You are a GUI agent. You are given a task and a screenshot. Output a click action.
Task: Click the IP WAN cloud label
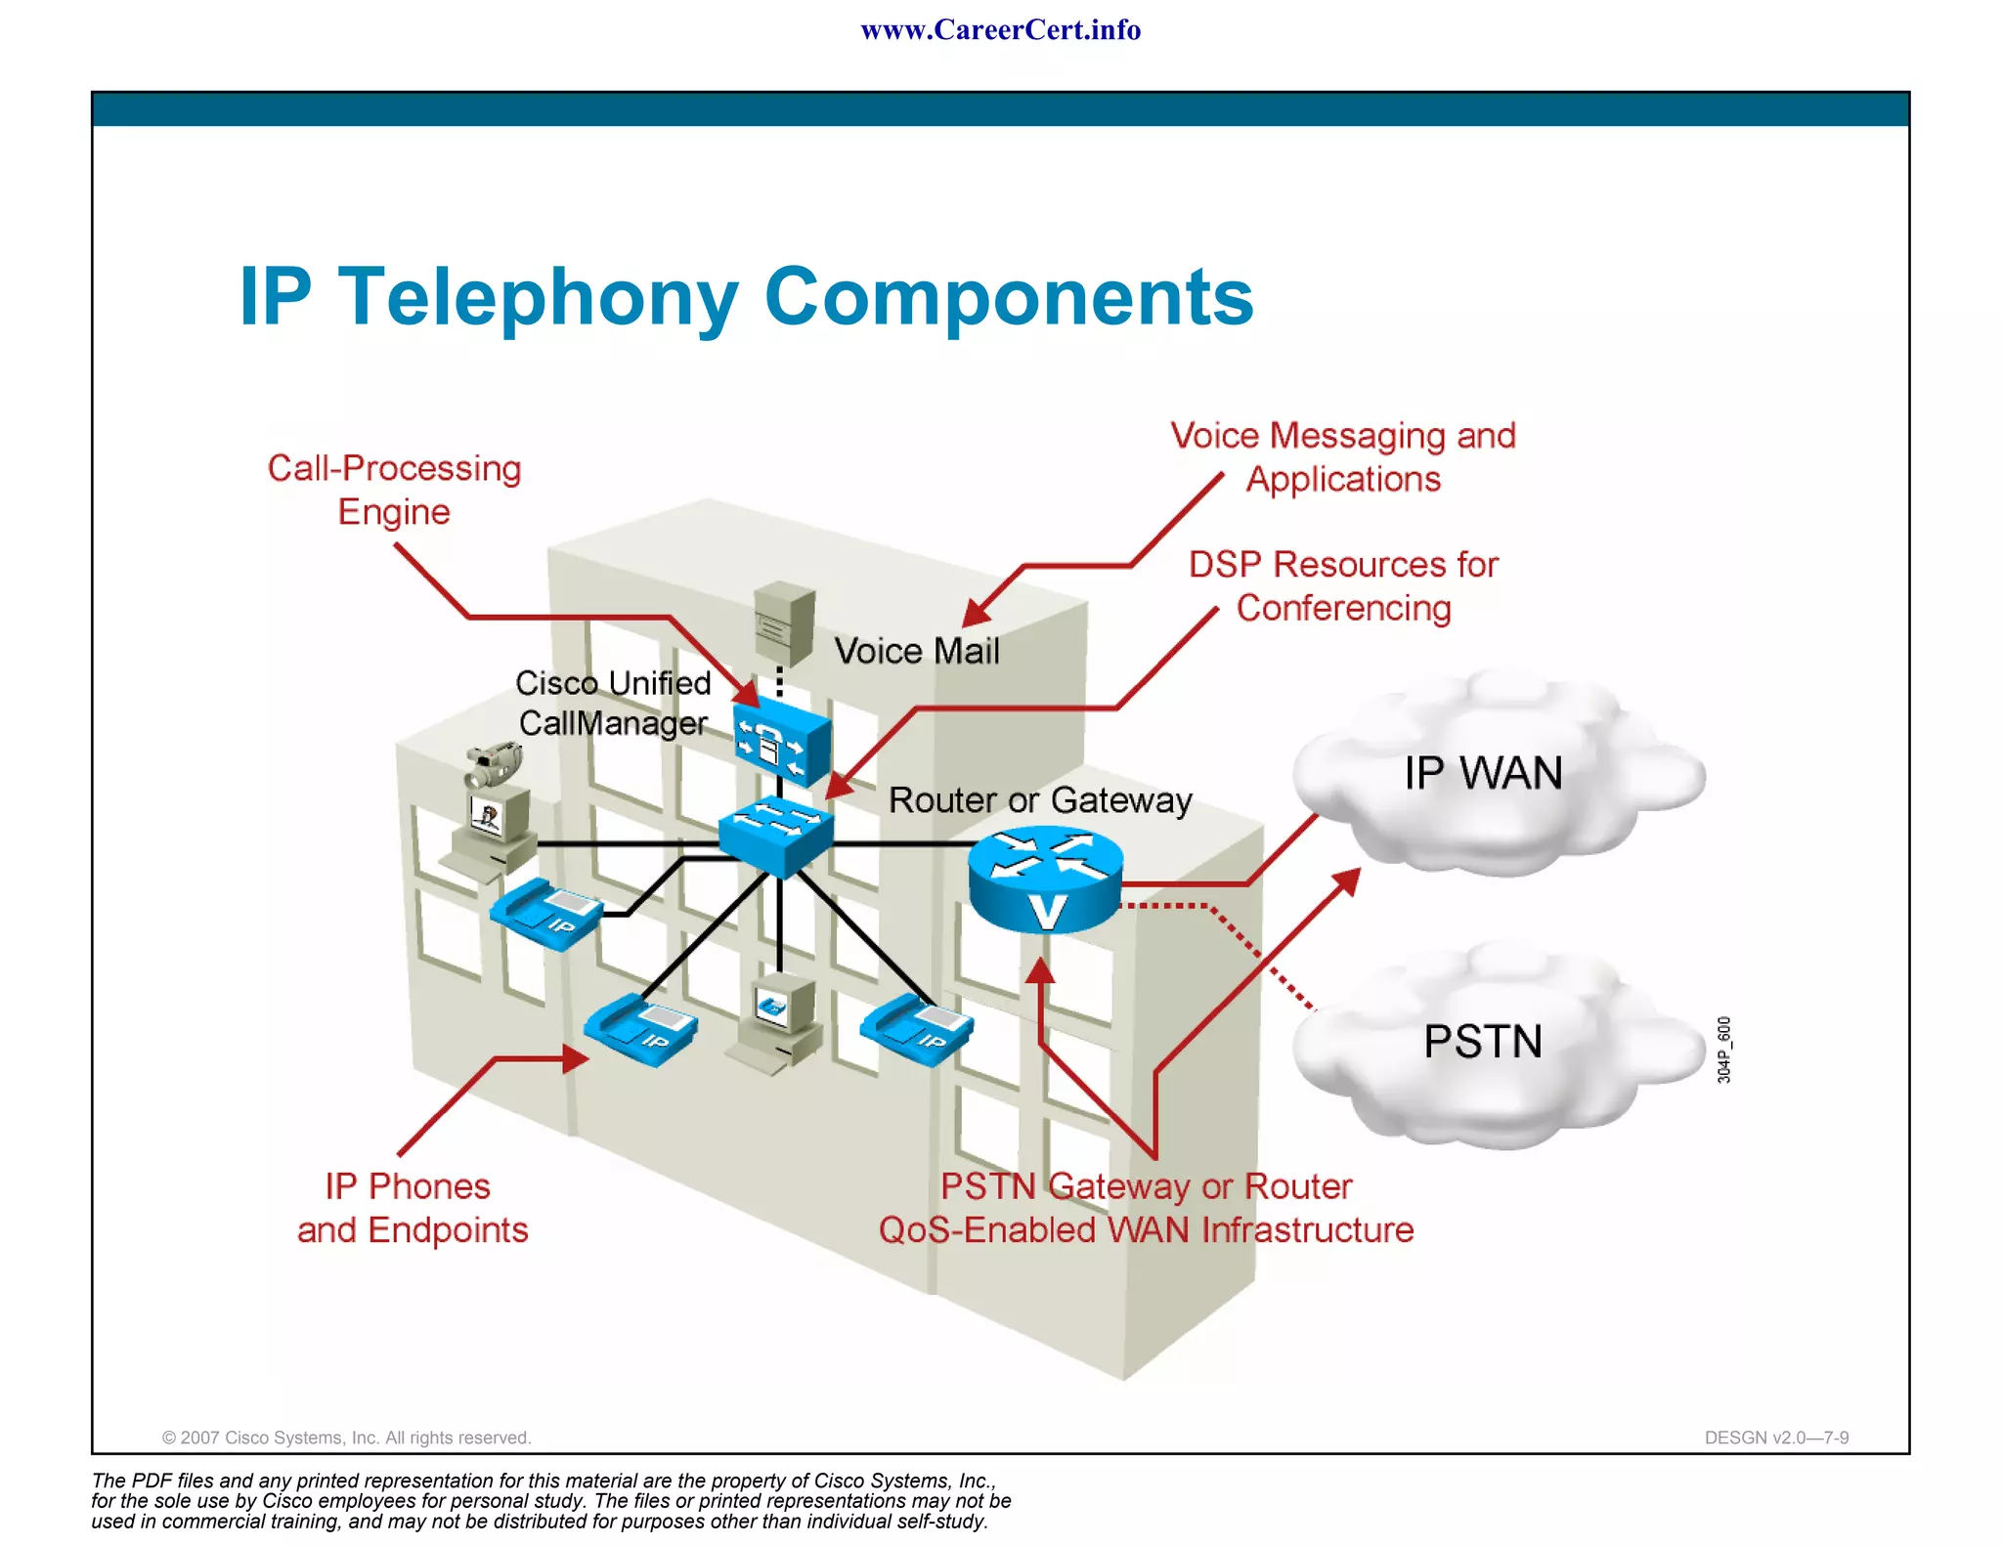click(x=1483, y=773)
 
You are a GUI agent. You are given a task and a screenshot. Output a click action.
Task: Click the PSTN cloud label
click(x=1483, y=1042)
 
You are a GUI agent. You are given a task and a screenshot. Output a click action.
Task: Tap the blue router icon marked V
click(x=1045, y=879)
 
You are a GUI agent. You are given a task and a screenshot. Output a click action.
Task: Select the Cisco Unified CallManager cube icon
click(x=782, y=742)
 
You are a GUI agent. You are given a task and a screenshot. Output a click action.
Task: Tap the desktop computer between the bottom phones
click(x=776, y=1022)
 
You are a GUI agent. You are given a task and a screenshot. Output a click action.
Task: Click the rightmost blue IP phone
click(x=917, y=1029)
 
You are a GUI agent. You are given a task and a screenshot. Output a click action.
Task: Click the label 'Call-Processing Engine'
click(x=394, y=490)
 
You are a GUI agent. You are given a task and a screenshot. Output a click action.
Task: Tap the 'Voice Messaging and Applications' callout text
click(x=1343, y=457)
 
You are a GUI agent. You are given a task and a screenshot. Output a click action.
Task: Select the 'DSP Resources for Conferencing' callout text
click(x=1343, y=586)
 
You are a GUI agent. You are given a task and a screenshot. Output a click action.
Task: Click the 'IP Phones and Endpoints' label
click(x=412, y=1208)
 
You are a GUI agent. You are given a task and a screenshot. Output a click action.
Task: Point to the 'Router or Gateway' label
click(x=1040, y=800)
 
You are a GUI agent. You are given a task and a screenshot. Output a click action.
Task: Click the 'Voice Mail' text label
click(x=916, y=652)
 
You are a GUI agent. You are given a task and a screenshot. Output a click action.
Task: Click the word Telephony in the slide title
click(x=538, y=297)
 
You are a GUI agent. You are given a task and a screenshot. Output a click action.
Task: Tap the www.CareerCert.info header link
click(x=1000, y=30)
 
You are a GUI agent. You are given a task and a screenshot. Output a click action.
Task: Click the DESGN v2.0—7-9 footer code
click(x=1776, y=1438)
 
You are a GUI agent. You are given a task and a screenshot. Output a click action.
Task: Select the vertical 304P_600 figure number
click(x=1724, y=1050)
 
